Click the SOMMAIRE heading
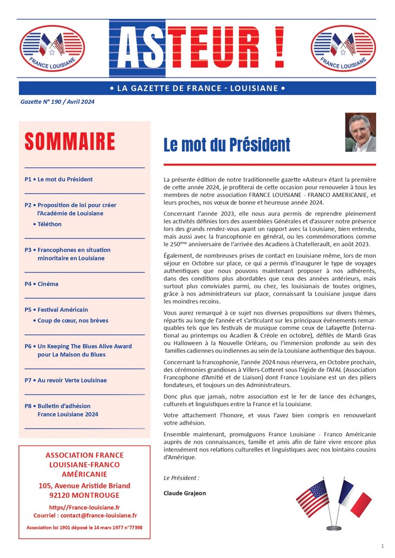[x=70, y=142]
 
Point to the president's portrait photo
[x=360, y=133]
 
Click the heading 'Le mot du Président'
[x=227, y=145]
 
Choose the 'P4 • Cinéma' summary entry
[x=41, y=284]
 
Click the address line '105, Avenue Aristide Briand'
[x=84, y=485]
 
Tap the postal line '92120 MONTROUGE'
[x=84, y=495]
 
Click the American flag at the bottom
[x=313, y=498]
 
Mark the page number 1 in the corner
[x=382, y=545]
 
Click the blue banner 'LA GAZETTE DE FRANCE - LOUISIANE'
[x=197, y=88]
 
